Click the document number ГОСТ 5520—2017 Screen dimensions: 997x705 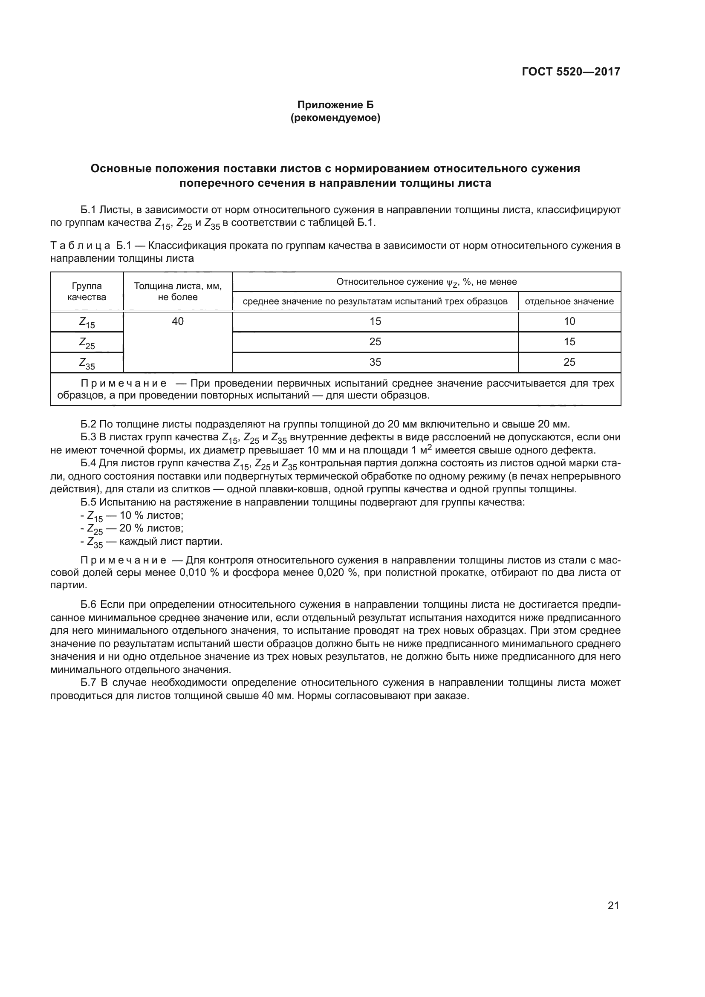tap(571, 72)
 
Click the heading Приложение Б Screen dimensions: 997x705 tap(335, 105)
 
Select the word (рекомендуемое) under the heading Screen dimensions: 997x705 tap(335, 118)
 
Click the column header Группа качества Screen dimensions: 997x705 tap(87, 292)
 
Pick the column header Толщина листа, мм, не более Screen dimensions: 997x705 tap(178, 292)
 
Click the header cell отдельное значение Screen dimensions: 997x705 tap(569, 301)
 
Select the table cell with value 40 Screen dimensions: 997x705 tap(178, 321)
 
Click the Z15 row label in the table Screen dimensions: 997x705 tap(87, 322)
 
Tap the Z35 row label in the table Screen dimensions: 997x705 tap(87, 363)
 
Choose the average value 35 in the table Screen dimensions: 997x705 tap(375, 362)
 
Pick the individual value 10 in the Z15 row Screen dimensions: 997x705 tap(569, 321)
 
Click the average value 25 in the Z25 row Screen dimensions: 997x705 tap(375, 342)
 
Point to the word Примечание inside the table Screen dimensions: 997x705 tap(124, 384)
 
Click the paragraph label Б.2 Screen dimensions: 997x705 tap(89, 424)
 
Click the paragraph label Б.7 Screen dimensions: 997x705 tap(89, 682)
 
